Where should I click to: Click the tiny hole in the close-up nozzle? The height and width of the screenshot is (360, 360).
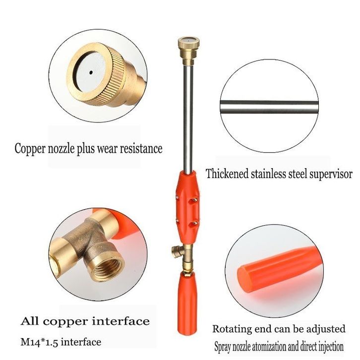[x=91, y=72]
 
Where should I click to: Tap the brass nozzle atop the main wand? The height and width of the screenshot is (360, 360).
[x=189, y=50]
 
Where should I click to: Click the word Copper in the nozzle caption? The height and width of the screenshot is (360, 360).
[x=30, y=149]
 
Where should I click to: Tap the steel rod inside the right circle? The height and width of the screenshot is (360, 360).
[x=269, y=107]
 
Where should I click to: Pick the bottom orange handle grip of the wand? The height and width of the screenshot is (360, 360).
[x=187, y=303]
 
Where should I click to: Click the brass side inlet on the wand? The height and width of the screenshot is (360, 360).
[x=177, y=252]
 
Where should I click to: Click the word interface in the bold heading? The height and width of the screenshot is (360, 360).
[x=121, y=321]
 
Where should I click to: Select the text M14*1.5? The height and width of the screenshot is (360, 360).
[x=39, y=342]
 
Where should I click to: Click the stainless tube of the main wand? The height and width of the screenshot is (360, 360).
[x=188, y=118]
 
